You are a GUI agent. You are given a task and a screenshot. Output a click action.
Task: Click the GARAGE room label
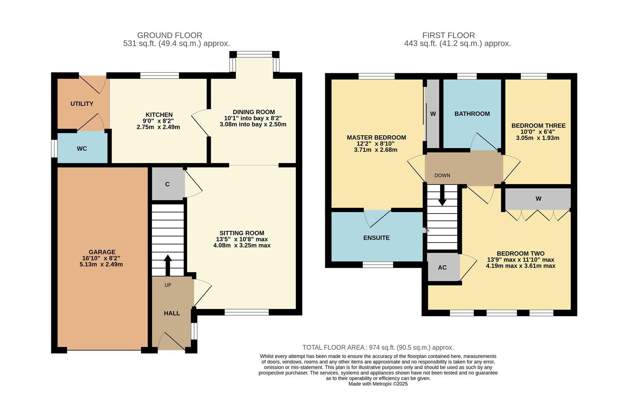coord(102,252)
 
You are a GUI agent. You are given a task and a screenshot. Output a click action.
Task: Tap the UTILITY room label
coord(82,104)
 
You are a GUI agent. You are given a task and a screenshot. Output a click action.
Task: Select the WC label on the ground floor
coord(82,149)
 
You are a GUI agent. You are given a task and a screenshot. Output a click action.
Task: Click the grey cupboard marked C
coord(168,184)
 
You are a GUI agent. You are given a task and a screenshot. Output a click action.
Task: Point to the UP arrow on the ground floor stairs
coord(168,264)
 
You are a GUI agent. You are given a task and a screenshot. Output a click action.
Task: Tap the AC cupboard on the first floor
coord(442,267)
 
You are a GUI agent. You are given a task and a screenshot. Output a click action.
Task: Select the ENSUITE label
coord(376,238)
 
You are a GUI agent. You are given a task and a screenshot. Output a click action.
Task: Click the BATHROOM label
coord(472,114)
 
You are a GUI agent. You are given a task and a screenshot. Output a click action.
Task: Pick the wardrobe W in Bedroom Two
coord(538,199)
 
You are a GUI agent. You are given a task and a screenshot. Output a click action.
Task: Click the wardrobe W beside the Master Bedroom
coord(433,114)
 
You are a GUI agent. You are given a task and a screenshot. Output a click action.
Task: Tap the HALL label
coord(172,313)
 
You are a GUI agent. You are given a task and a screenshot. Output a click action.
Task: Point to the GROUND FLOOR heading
coord(170,35)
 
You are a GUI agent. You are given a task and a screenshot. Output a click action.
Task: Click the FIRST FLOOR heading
coord(448,35)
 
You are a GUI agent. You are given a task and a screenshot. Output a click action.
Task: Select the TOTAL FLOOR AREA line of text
coord(378,348)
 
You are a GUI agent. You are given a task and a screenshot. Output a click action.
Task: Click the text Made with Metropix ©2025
coord(378,384)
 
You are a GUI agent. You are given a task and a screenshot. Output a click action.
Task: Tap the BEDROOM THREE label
coord(538,126)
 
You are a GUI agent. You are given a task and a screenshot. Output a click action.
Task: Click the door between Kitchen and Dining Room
coord(200,123)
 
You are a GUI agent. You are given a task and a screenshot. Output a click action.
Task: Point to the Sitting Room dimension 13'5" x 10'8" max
coord(242,239)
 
